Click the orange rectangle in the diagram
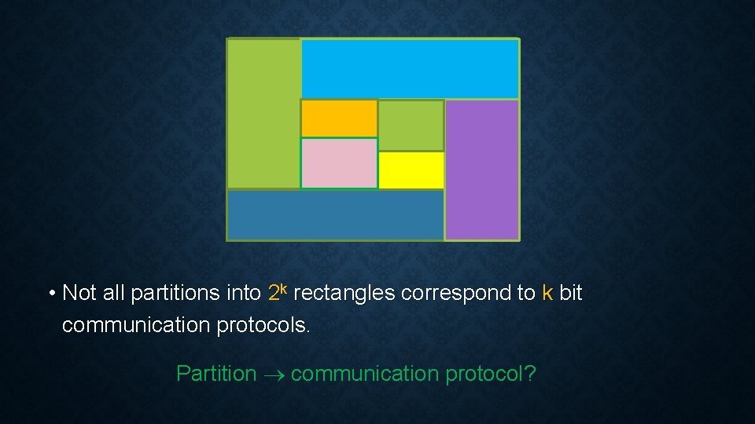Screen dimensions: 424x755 pos(339,119)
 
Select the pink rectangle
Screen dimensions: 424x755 pos(339,163)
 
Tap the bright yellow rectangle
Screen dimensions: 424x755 pos(411,170)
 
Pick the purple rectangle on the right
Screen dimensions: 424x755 pos(482,170)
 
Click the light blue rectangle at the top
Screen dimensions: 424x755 pos(410,69)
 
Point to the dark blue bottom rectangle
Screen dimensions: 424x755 pos(335,214)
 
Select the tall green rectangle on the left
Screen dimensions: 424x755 pos(263,114)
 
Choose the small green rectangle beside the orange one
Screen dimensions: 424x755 pos(411,126)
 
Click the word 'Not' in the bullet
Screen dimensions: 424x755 pos(79,293)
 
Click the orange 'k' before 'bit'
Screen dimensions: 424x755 pos(548,293)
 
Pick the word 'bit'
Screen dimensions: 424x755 pos(571,293)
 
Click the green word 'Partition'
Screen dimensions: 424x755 pos(216,374)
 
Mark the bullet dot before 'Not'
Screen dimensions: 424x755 pos(51,294)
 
